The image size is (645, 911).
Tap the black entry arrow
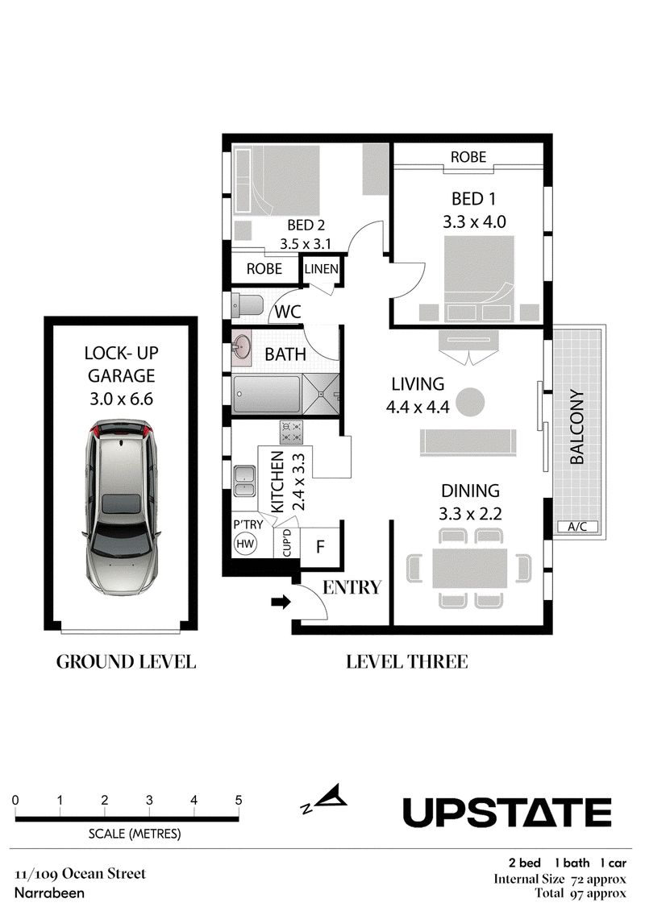click(281, 602)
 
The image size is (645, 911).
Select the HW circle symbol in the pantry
click(245, 544)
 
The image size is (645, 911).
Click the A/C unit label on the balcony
click(577, 527)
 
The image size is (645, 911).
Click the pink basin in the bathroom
click(241, 349)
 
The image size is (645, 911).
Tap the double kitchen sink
click(245, 481)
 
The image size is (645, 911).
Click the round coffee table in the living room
click(469, 402)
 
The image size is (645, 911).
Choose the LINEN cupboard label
click(321, 269)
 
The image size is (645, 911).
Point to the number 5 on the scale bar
click(239, 801)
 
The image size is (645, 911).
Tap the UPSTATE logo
click(507, 812)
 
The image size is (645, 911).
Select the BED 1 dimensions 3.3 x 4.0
click(474, 222)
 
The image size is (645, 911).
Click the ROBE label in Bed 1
click(468, 157)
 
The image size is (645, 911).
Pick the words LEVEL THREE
click(407, 662)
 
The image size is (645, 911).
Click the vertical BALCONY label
click(577, 427)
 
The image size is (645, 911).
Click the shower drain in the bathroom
click(320, 394)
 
